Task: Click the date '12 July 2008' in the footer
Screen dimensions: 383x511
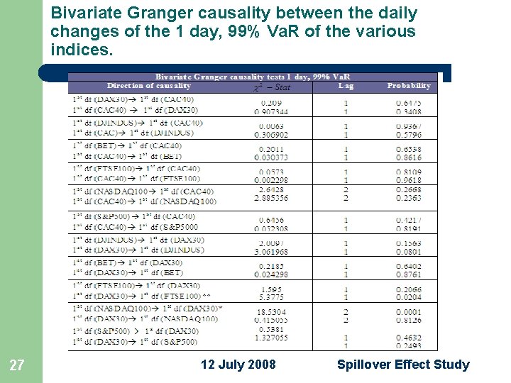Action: [238, 365]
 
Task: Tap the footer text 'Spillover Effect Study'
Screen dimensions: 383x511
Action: [403, 365]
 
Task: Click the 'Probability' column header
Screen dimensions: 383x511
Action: [409, 86]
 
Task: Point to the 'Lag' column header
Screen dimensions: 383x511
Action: [346, 86]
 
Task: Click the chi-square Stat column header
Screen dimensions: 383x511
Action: [273, 87]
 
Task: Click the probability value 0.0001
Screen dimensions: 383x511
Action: [409, 312]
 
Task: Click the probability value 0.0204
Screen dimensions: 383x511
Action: [409, 297]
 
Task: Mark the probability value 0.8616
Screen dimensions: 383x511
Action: [409, 157]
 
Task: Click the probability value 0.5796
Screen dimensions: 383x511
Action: [409, 134]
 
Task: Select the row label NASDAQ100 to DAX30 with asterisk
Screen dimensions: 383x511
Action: [148, 309]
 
